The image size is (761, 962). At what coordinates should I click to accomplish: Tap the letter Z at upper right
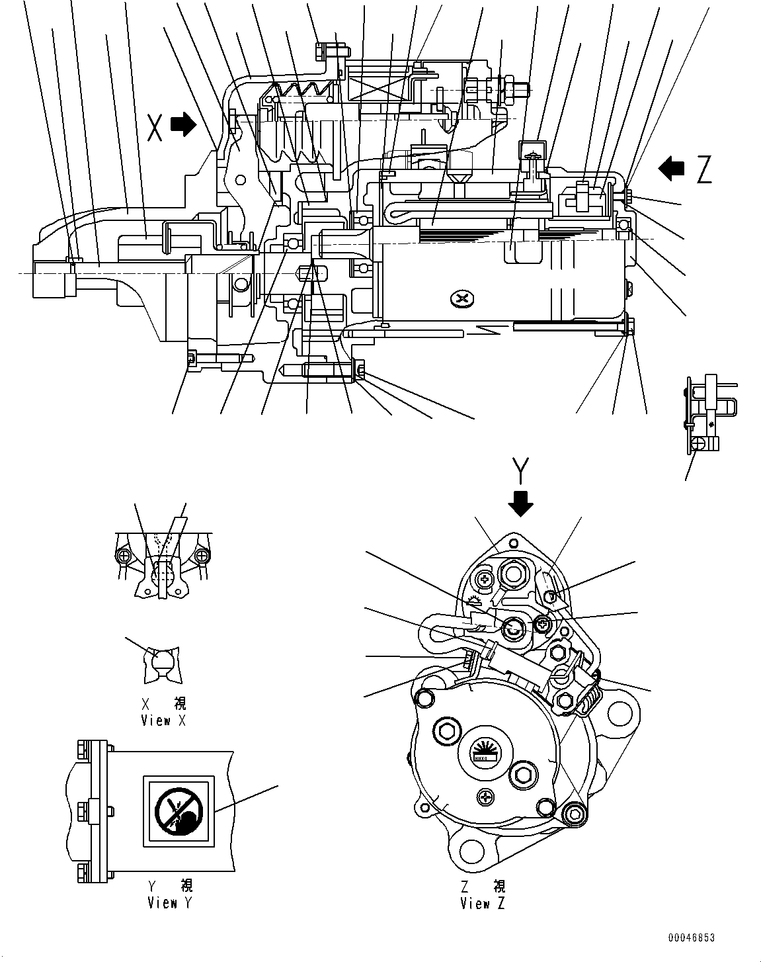703,171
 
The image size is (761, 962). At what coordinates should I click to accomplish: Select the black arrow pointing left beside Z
672,169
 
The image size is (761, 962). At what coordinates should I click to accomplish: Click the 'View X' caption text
163,721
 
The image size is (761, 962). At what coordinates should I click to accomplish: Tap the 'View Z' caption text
483,903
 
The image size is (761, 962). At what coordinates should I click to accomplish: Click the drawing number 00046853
691,938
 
